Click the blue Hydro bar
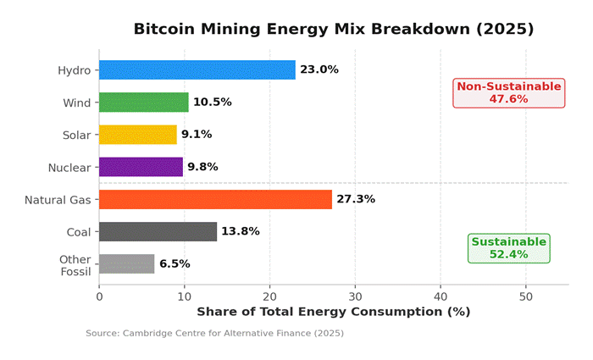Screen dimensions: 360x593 pos(197,69)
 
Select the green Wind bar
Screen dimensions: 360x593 pos(143,102)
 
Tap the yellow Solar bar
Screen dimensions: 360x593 pos(137,135)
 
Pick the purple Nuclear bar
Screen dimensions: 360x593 pos(141,167)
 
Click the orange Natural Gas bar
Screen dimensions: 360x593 pos(215,199)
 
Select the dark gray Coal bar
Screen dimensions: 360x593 pos(158,231)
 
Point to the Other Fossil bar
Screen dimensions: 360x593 pos(126,263)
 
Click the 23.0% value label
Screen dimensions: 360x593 pos(319,69)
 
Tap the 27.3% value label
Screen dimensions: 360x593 pos(356,199)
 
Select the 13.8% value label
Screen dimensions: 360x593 pos(241,231)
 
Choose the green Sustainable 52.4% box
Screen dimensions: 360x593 pos(508,247)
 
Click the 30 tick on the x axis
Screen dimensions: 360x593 pos(355,296)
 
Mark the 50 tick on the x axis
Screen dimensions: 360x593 pos(526,296)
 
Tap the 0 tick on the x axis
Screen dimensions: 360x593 pos(99,296)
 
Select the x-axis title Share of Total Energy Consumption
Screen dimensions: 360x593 pos(333,312)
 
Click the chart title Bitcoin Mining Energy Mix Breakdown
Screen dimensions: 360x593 pos(334,29)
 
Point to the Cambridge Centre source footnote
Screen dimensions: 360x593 pos(214,334)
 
